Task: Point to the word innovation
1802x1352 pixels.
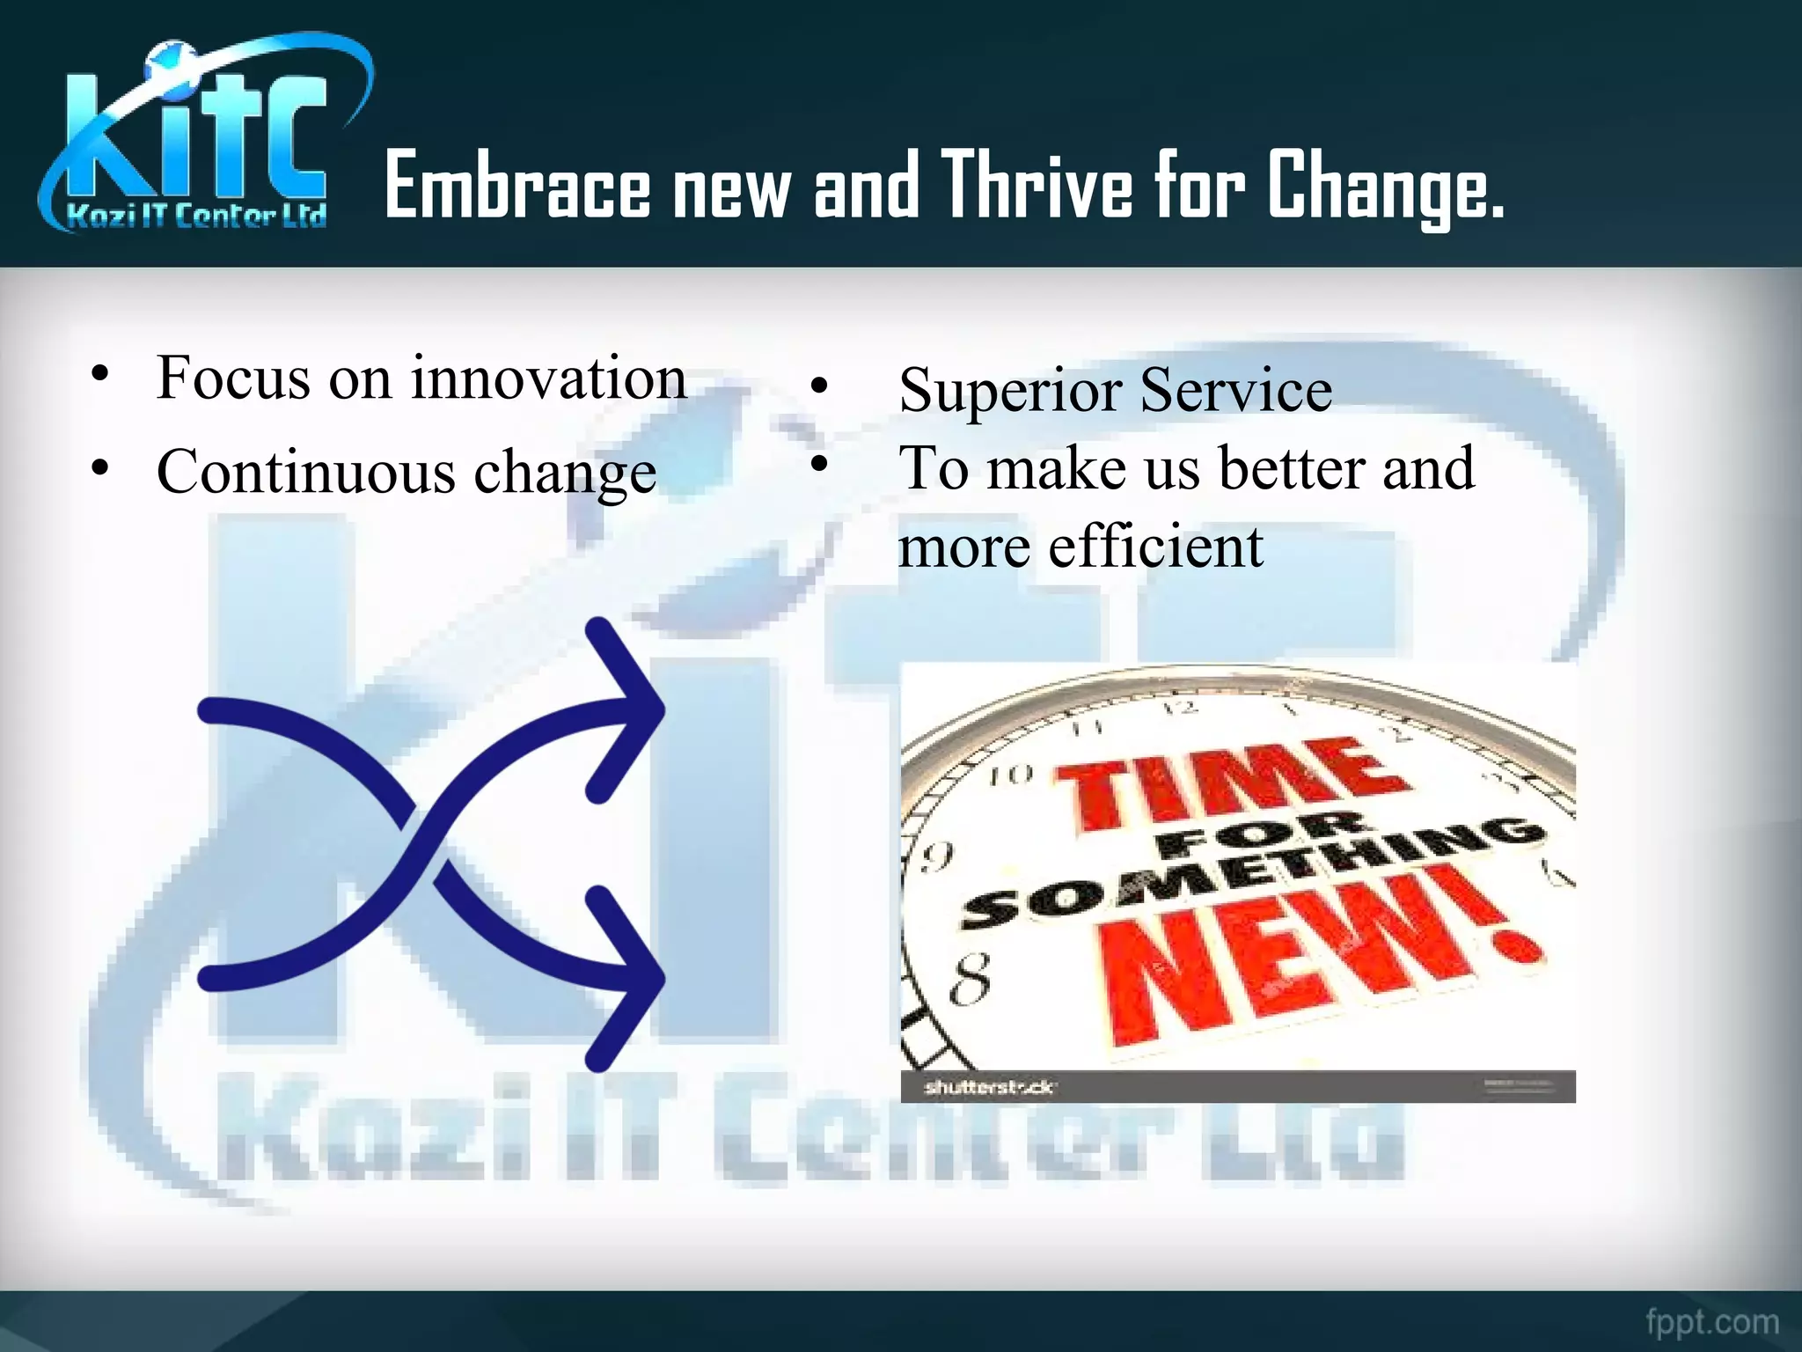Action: [549, 378]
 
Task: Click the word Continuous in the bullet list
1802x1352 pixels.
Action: [305, 472]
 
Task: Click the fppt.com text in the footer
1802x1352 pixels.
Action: [1711, 1322]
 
